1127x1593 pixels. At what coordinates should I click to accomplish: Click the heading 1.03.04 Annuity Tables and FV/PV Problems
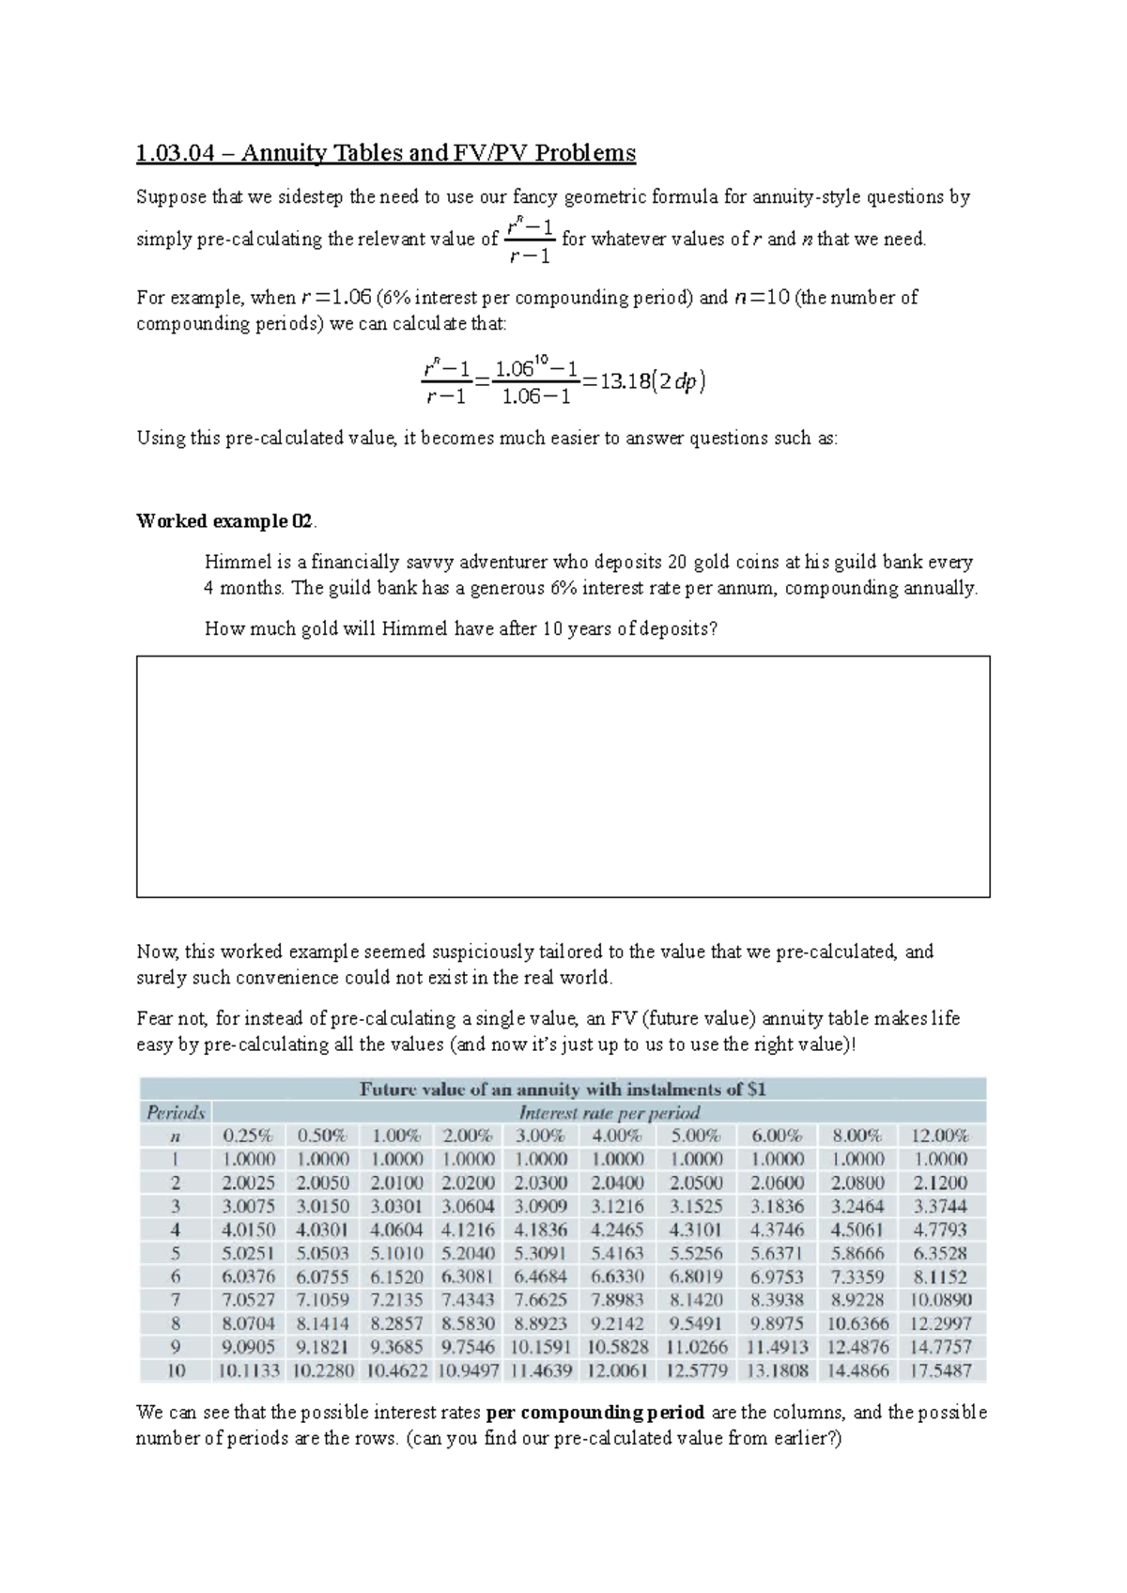pyautogui.click(x=386, y=152)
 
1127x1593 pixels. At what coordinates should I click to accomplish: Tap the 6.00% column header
pyautogui.click(x=777, y=1136)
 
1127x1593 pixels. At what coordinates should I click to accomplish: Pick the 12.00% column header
pyautogui.click(x=940, y=1136)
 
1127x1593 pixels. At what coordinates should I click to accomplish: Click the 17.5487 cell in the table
pyautogui.click(x=940, y=1370)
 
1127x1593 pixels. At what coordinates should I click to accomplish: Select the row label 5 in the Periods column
pyautogui.click(x=176, y=1253)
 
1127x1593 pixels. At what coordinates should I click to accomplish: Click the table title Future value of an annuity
pyautogui.click(x=563, y=1090)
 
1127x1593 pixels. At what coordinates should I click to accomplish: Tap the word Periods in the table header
pyautogui.click(x=176, y=1113)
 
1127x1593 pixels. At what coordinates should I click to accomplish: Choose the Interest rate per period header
pyautogui.click(x=610, y=1113)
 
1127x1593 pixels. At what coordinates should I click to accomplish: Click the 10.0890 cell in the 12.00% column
pyautogui.click(x=940, y=1300)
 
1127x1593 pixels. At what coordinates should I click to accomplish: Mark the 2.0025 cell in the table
pyautogui.click(x=248, y=1183)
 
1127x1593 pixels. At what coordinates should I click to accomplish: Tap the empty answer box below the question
pyautogui.click(x=563, y=776)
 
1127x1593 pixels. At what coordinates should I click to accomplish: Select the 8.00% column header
pyautogui.click(x=857, y=1136)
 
